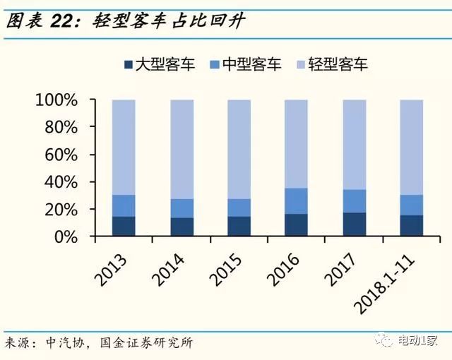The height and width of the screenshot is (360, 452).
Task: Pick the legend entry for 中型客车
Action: pos(244,65)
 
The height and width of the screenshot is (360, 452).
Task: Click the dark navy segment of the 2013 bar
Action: pos(124,226)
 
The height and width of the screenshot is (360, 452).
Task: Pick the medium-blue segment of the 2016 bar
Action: pos(296,201)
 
